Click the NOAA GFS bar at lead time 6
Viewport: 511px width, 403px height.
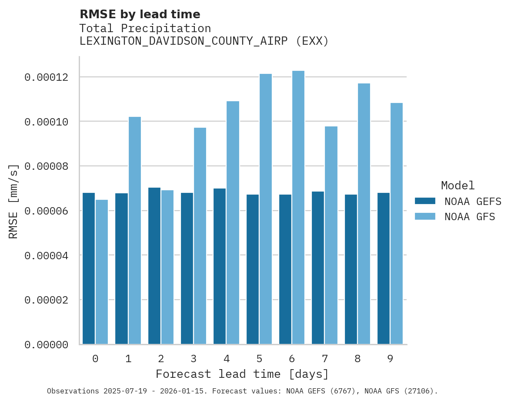click(298, 208)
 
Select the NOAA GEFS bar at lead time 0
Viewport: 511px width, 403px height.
click(89, 268)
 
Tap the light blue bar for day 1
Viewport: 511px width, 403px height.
click(135, 231)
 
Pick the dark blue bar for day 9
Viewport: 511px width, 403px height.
click(384, 268)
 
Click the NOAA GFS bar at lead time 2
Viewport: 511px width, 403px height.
click(167, 267)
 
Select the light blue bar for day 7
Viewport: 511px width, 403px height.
click(331, 235)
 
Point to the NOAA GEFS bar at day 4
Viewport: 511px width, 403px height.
click(220, 266)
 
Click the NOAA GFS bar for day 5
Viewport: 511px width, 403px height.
click(266, 209)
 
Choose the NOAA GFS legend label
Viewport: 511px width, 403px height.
click(470, 216)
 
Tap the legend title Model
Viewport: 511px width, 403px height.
click(458, 185)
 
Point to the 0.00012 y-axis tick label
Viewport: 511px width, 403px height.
click(46, 77)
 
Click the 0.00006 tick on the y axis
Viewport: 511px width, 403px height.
click(46, 211)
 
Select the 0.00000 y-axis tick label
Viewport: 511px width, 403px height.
click(46, 345)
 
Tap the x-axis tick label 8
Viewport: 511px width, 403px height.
click(357, 359)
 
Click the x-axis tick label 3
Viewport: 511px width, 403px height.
click(194, 359)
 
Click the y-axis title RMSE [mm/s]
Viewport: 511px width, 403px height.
click(13, 201)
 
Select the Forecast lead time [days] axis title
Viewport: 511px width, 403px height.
click(242, 374)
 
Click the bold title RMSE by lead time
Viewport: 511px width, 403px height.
click(140, 14)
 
